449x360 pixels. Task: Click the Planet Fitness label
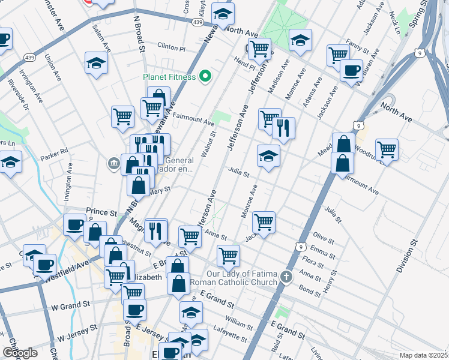169,77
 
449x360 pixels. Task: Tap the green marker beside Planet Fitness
205,76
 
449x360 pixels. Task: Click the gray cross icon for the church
287,277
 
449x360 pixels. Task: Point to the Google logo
20,353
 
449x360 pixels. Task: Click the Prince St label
101,212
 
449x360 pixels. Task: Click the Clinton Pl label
171,46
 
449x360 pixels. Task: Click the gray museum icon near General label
113,163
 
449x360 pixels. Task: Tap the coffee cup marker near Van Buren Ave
351,70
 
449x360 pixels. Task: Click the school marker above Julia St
269,156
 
